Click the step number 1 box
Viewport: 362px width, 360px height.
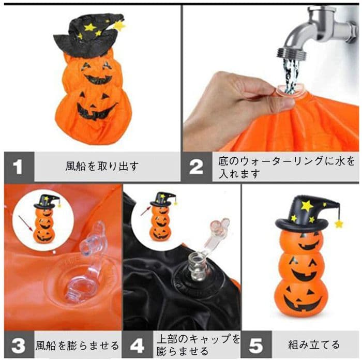tap(19, 167)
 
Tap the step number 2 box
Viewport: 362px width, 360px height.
tap(197, 167)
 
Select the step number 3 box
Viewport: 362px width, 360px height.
tap(19, 345)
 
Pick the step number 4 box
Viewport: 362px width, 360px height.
tap(138, 345)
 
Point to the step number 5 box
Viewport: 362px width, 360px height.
tap(257, 345)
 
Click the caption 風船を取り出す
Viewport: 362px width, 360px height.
tap(102, 166)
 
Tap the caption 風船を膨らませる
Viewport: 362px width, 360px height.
tap(77, 346)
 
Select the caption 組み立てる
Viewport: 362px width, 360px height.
tap(314, 345)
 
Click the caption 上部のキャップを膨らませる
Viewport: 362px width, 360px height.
tap(198, 345)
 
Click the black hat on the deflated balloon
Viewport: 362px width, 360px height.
tap(88, 35)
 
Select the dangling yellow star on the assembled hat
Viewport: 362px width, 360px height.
tap(339, 223)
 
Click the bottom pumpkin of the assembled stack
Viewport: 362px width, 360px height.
tap(302, 298)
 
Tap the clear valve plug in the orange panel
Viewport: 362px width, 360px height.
tap(86, 263)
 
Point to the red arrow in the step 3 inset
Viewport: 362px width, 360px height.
tap(26, 223)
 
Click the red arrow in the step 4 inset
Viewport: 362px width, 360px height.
tap(145, 211)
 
